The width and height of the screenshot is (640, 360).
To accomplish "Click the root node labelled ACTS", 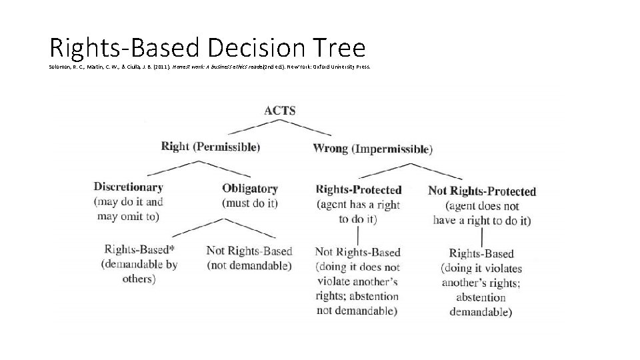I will (279, 111).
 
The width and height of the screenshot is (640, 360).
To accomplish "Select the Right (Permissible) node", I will (211, 146).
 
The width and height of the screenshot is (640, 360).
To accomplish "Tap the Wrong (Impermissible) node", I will (373, 148).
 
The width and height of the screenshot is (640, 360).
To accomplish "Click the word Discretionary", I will (128, 187).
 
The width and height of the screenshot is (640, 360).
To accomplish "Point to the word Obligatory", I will (250, 189).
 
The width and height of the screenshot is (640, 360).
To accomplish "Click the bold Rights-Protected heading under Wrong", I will (359, 190).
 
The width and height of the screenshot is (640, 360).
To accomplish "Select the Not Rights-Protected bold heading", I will (482, 191).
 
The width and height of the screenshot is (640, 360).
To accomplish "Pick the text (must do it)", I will (250, 203).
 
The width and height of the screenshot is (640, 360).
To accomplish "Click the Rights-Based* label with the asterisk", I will (139, 249).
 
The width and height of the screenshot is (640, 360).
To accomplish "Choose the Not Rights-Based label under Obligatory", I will (249, 251).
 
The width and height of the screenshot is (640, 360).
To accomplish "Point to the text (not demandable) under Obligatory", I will (249, 265).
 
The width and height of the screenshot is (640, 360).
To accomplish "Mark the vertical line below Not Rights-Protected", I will (481, 237).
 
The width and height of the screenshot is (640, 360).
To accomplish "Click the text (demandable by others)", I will (139, 271).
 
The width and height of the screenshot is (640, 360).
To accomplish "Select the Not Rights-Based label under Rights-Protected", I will (358, 252).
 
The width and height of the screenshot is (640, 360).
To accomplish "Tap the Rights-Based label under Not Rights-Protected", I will (481, 253).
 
